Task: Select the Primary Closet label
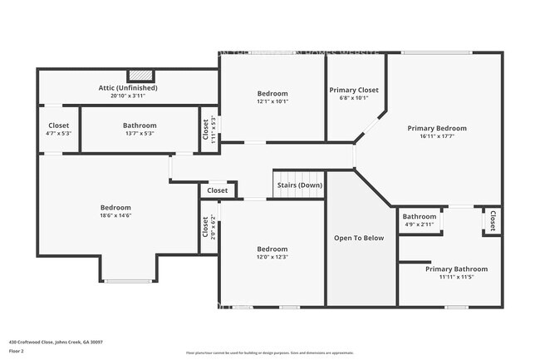click(x=354, y=90)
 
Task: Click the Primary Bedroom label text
click(x=436, y=128)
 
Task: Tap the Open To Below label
click(x=359, y=238)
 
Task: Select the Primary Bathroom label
click(x=456, y=269)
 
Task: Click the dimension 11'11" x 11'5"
click(x=456, y=278)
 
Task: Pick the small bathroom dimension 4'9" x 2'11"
click(x=420, y=224)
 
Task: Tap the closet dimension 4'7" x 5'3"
click(x=59, y=133)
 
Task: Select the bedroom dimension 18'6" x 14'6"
click(x=115, y=215)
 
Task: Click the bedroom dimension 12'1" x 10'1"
click(x=272, y=102)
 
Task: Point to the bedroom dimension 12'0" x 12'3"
click(x=272, y=257)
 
